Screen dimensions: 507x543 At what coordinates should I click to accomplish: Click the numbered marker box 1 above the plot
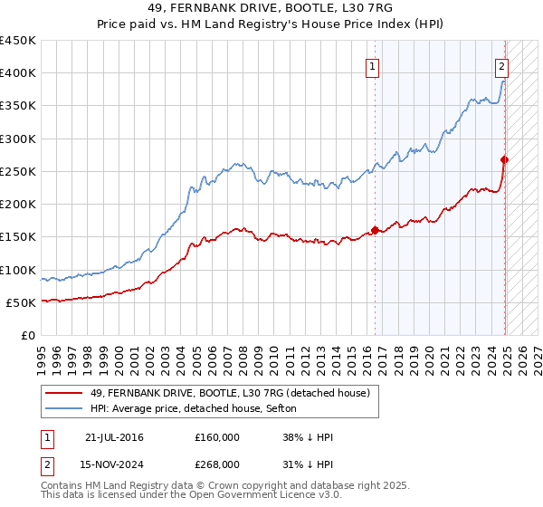tap(373, 65)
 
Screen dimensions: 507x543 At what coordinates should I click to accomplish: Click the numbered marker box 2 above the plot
tap(501, 65)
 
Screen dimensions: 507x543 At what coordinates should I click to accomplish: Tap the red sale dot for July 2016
tap(375, 230)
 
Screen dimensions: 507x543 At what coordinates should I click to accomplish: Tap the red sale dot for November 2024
tap(505, 159)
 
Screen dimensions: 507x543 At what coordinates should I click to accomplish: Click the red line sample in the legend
tap(64, 393)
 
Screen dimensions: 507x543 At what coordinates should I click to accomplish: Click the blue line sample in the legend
tap(64, 409)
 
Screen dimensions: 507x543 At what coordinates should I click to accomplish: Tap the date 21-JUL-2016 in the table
tap(113, 437)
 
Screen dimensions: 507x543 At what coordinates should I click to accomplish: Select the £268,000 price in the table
tap(217, 464)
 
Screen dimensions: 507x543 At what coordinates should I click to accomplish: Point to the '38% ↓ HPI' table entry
tap(308, 437)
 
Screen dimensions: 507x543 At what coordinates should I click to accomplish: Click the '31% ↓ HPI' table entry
tap(308, 464)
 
